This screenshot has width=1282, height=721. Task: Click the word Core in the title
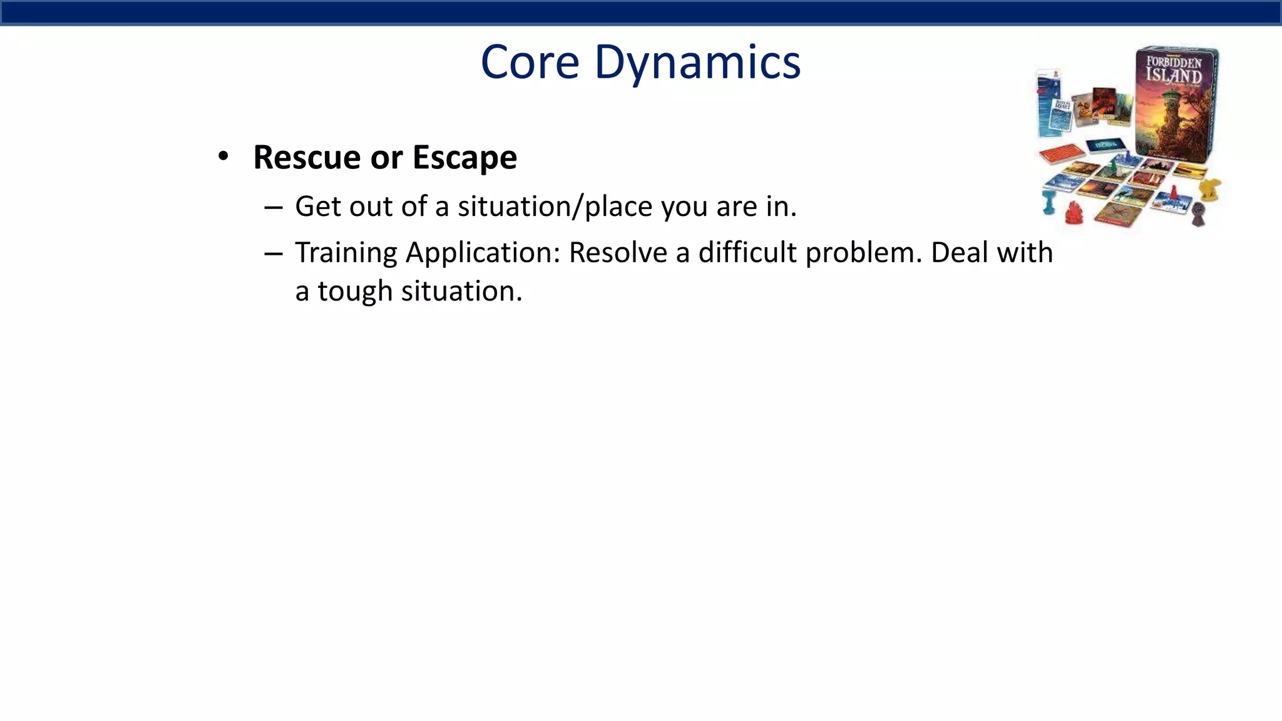tap(530, 63)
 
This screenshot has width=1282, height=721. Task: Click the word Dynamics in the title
tap(697, 63)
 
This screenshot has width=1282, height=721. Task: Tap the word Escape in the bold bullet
tap(464, 157)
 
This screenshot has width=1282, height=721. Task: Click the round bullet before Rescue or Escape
tap(223, 156)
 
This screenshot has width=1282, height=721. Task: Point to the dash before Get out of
tap(274, 207)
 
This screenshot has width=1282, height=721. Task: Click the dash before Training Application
tap(274, 253)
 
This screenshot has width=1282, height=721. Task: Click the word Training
tap(346, 253)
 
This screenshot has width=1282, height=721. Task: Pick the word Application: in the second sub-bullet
tap(483, 253)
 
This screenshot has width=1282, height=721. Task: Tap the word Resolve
tap(617, 253)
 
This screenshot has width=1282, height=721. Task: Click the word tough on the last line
tap(354, 292)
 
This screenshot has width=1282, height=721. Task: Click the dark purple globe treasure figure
tap(1198, 215)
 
